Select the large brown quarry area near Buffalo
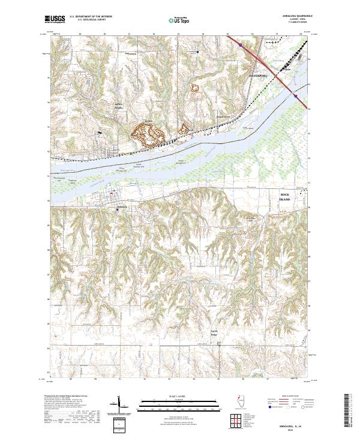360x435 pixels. pyautogui.click(x=148, y=133)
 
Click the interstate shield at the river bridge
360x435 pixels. pyautogui.click(x=296, y=94)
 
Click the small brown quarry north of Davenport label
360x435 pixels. pyautogui.click(x=194, y=88)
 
